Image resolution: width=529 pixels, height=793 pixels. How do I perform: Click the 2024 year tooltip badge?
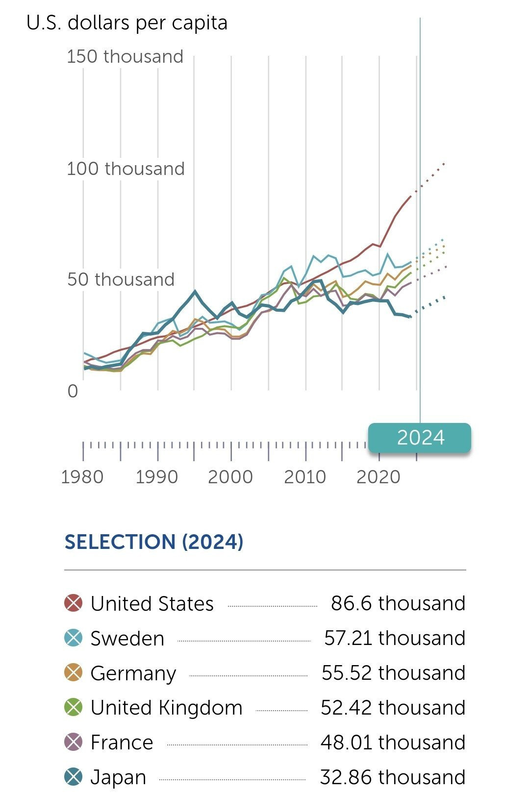(x=420, y=438)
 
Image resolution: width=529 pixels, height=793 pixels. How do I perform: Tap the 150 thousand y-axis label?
(x=125, y=56)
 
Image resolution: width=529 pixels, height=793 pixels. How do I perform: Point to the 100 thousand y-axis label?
(x=126, y=169)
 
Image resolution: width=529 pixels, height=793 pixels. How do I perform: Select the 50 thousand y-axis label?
(x=121, y=279)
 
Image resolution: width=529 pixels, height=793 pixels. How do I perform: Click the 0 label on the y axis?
(x=73, y=391)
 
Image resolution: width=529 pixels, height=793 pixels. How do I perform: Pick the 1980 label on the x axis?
(x=82, y=476)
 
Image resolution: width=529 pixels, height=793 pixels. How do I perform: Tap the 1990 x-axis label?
(x=156, y=476)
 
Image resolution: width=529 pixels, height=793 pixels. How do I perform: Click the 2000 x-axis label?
(x=230, y=476)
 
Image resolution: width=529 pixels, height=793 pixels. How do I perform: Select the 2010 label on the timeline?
(x=305, y=476)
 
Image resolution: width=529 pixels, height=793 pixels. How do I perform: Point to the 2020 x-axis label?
(x=379, y=476)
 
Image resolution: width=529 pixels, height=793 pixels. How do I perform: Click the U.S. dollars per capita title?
(x=127, y=23)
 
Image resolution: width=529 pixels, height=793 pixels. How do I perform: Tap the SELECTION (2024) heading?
(x=154, y=542)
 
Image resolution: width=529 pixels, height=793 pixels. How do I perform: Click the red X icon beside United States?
(x=74, y=603)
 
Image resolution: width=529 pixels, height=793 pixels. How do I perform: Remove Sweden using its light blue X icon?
(x=74, y=638)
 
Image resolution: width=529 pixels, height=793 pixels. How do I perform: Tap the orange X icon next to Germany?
(x=74, y=672)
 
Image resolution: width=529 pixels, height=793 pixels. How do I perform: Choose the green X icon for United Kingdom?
(x=74, y=707)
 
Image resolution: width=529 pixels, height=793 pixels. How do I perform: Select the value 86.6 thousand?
(x=398, y=603)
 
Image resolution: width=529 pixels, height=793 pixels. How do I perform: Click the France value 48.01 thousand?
(x=393, y=742)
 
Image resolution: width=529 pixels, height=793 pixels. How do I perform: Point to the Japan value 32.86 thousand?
(x=392, y=777)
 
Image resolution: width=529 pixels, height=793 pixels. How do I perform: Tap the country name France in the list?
(x=122, y=742)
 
